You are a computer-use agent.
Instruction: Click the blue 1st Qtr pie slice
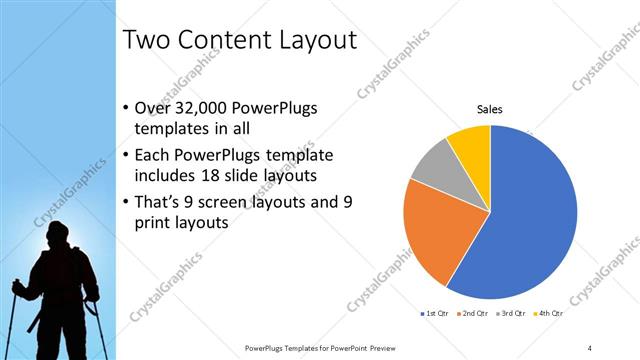(x=535, y=215)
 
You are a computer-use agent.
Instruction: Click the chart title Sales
(x=489, y=109)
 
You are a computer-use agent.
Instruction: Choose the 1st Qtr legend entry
(x=433, y=315)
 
